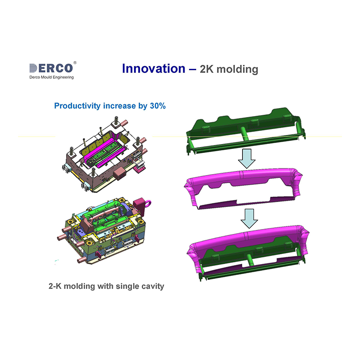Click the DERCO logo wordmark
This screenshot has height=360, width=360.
click(x=51, y=68)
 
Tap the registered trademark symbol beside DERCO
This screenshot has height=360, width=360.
click(x=75, y=63)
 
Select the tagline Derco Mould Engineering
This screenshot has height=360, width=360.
click(x=51, y=77)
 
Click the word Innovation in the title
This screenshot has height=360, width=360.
click(x=153, y=69)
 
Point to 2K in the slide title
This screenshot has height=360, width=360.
click(x=207, y=69)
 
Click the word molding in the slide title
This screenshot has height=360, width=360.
click(x=238, y=70)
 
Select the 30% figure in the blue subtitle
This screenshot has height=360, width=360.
click(x=158, y=106)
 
